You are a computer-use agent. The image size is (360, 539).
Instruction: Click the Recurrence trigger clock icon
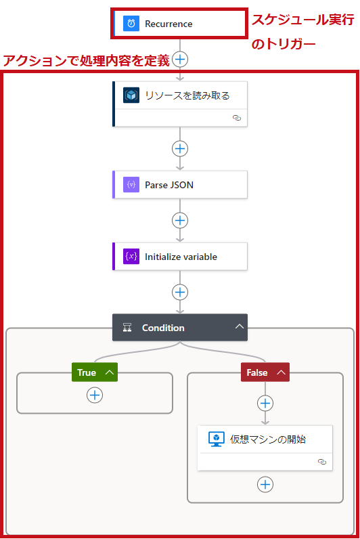pos(131,24)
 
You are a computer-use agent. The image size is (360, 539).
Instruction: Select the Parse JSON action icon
pos(131,185)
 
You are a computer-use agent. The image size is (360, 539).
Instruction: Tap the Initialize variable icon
pos(131,257)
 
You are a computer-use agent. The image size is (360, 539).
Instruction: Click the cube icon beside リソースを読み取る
pos(131,95)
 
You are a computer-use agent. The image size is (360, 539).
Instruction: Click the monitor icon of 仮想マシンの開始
pos(217,439)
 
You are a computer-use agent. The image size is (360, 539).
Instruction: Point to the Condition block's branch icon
pos(127,328)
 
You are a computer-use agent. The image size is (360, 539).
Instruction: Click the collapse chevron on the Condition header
pos(240,326)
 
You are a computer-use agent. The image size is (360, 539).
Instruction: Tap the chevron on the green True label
pos(109,372)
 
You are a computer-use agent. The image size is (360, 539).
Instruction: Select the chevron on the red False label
pos(281,372)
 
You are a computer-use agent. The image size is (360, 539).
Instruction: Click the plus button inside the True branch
pos(95,395)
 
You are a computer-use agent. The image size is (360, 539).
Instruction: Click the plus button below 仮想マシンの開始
pos(265,484)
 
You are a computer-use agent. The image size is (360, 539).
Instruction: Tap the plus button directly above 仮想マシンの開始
pos(265,403)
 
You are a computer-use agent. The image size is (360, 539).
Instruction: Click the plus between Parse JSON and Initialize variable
pos(180,220)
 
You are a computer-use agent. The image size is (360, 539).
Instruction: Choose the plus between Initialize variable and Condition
pos(180,293)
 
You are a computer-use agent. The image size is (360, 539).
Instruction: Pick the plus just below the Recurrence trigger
pos(180,60)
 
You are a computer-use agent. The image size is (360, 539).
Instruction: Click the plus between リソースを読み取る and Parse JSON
pos(180,148)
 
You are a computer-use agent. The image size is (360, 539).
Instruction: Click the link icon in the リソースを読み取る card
pos(237,118)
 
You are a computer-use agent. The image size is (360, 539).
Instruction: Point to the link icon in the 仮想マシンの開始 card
pos(322,462)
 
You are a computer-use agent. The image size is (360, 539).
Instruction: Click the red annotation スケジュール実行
pos(302,20)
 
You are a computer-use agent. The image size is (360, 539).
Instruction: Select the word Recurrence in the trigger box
pos(168,24)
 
